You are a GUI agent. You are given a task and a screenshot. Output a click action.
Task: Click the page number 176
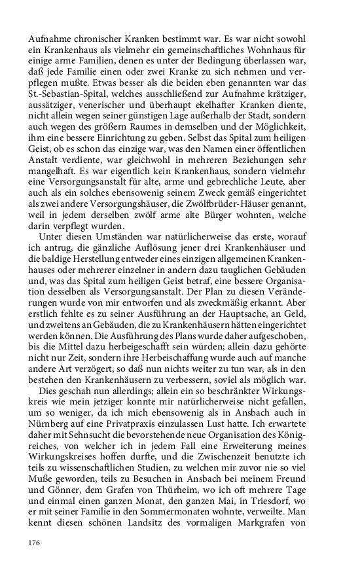point(35,543)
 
